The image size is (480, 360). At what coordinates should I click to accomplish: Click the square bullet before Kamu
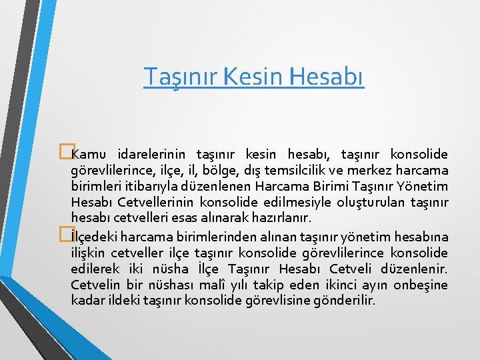(x=65, y=153)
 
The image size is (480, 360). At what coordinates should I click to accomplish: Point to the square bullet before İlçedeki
(x=65, y=234)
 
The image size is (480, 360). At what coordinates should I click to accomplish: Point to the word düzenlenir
(x=415, y=269)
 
